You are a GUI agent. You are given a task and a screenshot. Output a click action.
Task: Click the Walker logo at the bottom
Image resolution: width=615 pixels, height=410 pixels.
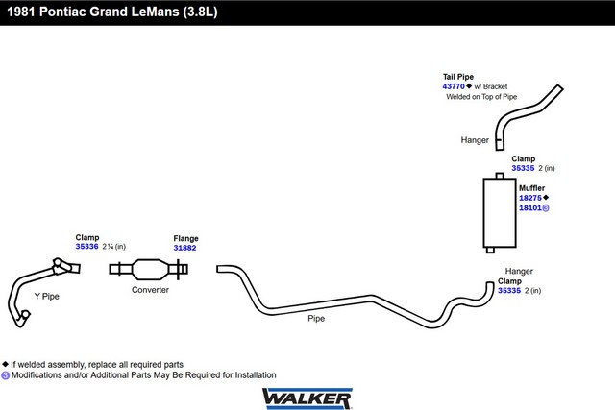click(x=307, y=398)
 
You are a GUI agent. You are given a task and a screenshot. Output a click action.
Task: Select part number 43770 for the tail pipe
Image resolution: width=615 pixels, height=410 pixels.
click(x=454, y=86)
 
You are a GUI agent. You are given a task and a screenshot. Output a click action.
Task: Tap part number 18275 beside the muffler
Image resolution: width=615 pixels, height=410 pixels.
click(x=530, y=198)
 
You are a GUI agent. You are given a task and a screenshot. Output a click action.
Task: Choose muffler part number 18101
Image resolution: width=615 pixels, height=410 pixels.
click(x=530, y=208)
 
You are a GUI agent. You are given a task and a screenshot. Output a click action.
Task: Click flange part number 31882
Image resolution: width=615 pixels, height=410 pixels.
click(x=184, y=248)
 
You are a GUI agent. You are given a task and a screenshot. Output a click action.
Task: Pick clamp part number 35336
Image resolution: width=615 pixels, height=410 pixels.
click(x=86, y=246)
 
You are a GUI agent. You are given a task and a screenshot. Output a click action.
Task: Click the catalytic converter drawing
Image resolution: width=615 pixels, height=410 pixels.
click(x=149, y=269)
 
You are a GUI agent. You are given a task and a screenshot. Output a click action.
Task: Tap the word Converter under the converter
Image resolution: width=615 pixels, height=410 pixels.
click(x=150, y=290)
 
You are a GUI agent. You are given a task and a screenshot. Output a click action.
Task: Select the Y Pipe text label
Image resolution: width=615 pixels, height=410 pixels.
click(x=47, y=297)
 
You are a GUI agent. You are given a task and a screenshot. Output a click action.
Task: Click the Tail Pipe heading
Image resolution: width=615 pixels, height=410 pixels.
click(x=458, y=77)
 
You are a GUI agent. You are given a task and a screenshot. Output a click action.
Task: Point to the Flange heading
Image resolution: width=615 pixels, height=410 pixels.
click(x=185, y=238)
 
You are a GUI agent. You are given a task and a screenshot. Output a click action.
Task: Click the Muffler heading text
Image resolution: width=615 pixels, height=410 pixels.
click(x=531, y=188)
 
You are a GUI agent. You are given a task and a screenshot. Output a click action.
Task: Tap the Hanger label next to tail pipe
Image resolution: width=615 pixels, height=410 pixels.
click(x=475, y=140)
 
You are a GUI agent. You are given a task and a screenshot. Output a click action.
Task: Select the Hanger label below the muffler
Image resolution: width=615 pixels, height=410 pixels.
click(x=519, y=271)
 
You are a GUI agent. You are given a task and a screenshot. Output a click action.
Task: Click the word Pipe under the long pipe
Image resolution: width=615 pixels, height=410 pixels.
click(x=316, y=318)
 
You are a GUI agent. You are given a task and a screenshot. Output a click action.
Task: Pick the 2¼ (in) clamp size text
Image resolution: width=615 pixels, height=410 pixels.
click(x=114, y=247)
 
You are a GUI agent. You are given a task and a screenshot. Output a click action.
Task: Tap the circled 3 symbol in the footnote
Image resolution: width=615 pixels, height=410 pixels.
click(x=5, y=375)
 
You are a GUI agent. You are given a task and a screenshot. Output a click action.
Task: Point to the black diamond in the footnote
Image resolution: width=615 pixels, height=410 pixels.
click(x=5, y=364)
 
